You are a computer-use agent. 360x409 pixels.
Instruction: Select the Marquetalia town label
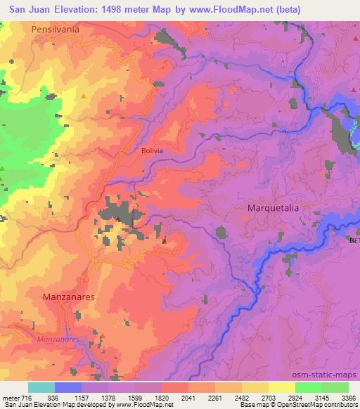pos(277,209)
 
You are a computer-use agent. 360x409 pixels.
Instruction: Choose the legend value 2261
pos(215,398)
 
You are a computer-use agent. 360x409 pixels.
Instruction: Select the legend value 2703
pos(268,398)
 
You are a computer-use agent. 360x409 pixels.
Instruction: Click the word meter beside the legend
pos(9,398)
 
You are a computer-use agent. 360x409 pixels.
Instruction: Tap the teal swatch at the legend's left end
pos(41,387)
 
